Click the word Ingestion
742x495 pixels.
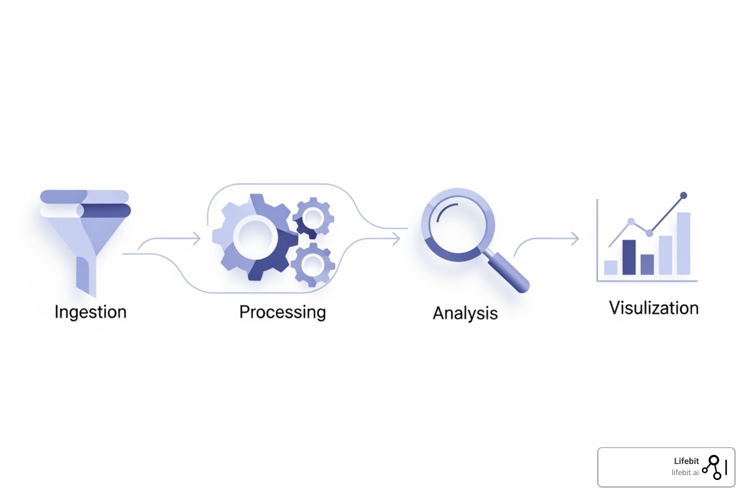[90, 312]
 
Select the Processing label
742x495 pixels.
[283, 312]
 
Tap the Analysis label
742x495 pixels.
[465, 313]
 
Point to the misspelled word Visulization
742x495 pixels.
[654, 308]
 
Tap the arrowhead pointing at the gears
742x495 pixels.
[197, 238]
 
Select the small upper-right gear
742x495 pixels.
[313, 218]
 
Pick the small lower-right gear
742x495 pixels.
[313, 264]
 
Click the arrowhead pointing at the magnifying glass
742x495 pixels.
[397, 238]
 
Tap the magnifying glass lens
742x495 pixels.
[457, 224]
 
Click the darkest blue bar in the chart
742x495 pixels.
[628, 257]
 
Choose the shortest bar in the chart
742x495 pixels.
[611, 267]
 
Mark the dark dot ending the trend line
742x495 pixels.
[683, 196]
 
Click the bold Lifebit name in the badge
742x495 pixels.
[686, 461]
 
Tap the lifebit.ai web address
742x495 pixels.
[685, 473]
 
